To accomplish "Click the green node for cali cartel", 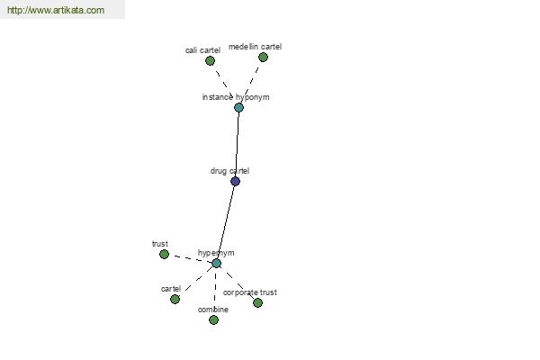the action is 210,61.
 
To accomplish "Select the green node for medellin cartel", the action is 263,58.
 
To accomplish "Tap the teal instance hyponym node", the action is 239,108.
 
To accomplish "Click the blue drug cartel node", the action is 235,181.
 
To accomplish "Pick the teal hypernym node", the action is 216,264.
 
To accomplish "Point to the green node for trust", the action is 165,255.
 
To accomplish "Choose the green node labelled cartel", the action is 175,300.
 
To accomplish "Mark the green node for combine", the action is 213,320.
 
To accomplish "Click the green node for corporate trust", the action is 257,302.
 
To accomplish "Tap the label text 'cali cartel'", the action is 202,50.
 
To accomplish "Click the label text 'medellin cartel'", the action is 255,47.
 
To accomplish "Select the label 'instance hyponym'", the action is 236,97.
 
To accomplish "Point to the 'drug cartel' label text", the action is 229,171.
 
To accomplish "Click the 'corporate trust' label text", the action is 249,292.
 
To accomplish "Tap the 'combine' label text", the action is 212,310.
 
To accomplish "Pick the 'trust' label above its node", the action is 160,244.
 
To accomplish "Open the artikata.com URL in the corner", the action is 56,10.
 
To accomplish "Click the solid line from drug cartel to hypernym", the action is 226,222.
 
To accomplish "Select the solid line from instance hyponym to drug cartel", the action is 237,145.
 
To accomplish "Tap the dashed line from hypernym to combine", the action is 215,289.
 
